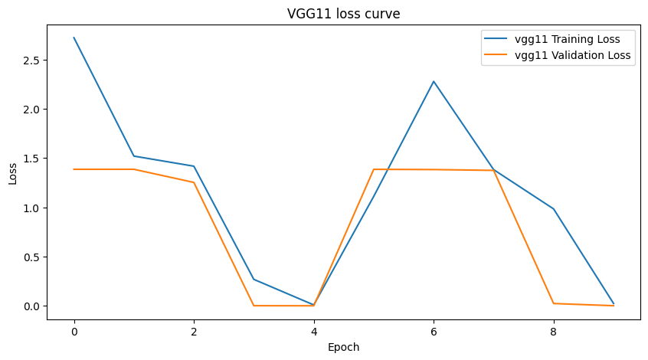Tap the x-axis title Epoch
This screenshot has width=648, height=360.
343,347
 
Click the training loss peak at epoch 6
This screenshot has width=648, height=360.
434,81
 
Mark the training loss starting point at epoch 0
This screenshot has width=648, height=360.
74,38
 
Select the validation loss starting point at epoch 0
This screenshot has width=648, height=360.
74,169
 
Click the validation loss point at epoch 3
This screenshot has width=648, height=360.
254,306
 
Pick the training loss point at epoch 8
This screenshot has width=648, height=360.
554,209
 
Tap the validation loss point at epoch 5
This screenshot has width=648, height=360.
374,169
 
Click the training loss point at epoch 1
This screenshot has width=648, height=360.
134,156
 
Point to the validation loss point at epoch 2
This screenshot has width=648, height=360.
194,182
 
